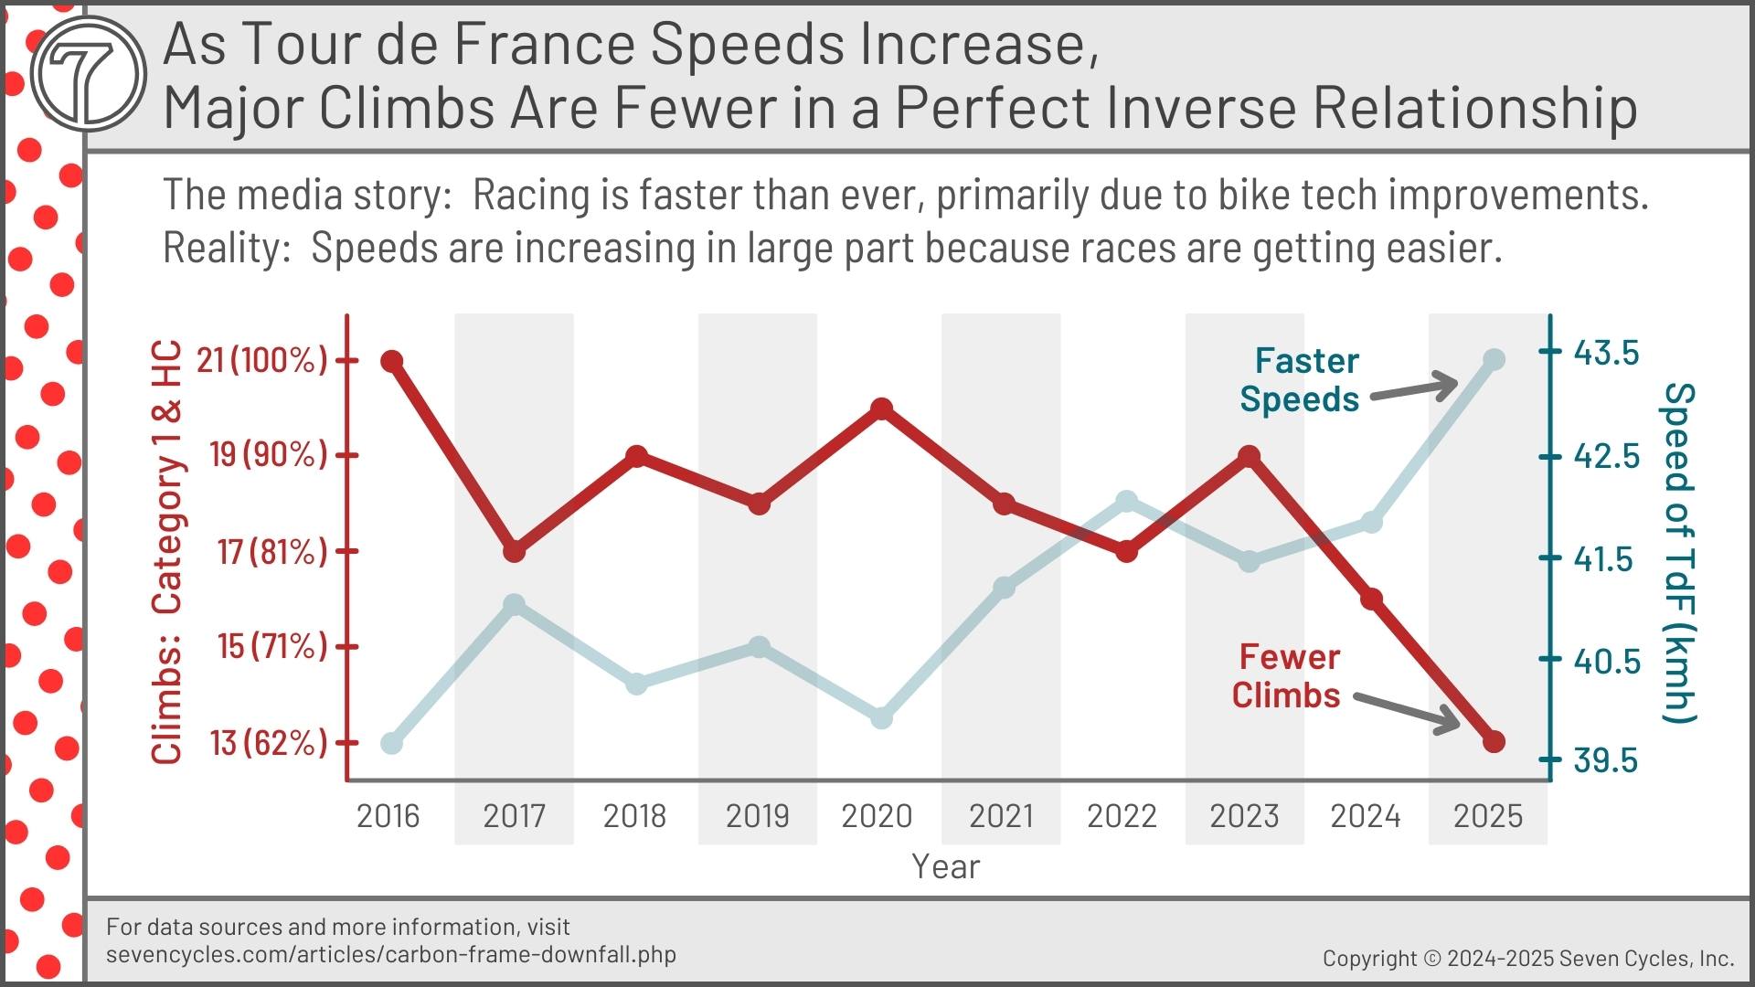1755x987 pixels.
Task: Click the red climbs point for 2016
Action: pos(392,361)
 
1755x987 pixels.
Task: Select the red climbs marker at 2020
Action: pos(881,409)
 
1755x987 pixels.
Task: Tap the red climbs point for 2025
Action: pos(1494,741)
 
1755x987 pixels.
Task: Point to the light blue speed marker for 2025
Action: pos(1494,359)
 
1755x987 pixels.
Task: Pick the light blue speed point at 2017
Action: pos(515,605)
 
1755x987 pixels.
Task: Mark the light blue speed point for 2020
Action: pos(881,718)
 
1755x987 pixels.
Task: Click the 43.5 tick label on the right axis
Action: pos(1606,353)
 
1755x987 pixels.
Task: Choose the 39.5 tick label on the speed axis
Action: pos(1606,760)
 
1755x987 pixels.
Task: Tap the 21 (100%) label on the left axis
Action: pos(261,360)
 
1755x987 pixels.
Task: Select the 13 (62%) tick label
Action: pos(268,743)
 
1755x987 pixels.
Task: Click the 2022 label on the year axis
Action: pos(1122,816)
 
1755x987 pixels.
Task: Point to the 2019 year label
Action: pos(757,816)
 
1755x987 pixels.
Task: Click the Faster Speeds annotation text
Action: pos(1300,380)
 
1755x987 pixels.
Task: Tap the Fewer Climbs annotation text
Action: pos(1287,676)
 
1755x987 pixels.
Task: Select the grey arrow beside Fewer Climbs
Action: pos(1408,713)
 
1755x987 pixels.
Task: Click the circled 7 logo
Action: pos(89,73)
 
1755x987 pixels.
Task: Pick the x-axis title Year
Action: pos(945,866)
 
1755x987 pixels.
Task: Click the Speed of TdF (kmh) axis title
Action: pos(1678,553)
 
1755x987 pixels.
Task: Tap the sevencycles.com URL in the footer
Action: pos(391,955)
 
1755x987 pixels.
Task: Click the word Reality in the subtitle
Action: pos(223,249)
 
